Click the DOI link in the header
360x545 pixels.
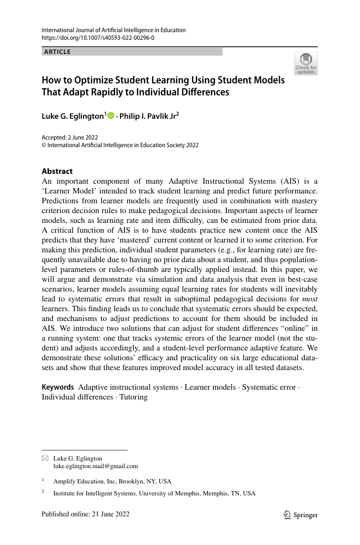coord(98,39)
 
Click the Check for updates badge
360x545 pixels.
coord(306,64)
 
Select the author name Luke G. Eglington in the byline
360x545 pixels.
coord(73,116)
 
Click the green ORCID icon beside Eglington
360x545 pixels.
coord(111,116)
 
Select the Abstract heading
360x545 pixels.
coord(57,171)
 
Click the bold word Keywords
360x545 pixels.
coord(58,387)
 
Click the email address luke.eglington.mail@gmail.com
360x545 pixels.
coord(95,467)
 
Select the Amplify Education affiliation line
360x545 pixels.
coord(112,481)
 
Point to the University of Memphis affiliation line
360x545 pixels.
coord(154,493)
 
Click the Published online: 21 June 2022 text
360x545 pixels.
coord(86,514)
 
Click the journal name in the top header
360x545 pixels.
coord(113,30)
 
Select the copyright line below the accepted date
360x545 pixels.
coord(120,146)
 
